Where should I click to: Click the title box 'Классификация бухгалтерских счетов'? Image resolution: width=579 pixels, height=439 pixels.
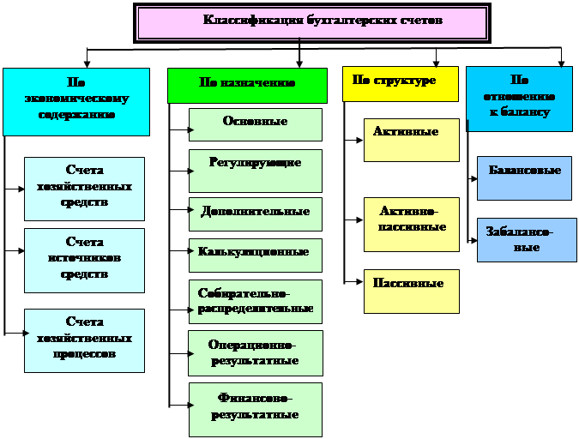pos(323,22)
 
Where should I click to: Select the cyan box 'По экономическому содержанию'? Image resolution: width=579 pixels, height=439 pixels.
pos(76,101)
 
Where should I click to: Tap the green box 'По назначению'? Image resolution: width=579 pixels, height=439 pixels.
pos(247,85)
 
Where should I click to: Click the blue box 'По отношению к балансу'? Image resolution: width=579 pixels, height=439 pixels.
pos(519,99)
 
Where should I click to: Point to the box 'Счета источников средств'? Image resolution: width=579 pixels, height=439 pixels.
pos(85,260)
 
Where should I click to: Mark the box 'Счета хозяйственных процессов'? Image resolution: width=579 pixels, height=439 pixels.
pos(85,340)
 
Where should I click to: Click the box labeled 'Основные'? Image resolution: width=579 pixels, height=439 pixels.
pos(256,123)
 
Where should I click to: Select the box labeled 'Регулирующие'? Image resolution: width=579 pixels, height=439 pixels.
pos(256,170)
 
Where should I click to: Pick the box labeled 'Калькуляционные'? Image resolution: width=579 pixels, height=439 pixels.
pos(256,255)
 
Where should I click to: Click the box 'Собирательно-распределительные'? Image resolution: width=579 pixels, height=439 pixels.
pos(256,301)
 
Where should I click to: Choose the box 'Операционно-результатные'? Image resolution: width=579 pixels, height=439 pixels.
pos(256,352)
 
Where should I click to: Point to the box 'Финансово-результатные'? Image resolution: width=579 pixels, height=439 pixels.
pos(256,409)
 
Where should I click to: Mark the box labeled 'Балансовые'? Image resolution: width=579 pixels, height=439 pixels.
pos(524,177)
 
